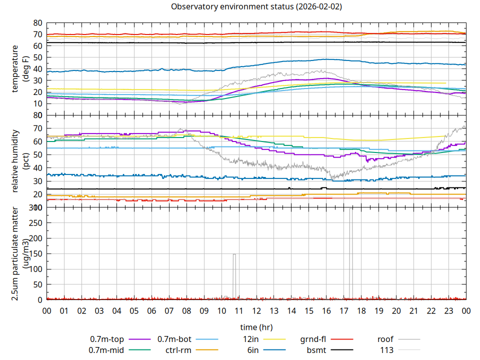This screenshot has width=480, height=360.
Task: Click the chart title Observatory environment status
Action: pos(256,7)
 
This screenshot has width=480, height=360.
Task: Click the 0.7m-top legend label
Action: pos(107,339)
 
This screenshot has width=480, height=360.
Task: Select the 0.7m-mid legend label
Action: pos(106,350)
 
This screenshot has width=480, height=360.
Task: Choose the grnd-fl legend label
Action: pos(313,339)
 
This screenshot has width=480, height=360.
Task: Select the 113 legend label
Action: pos(386,350)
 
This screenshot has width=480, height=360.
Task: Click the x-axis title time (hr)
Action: pos(256,327)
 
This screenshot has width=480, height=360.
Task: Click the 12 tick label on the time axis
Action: pos(256,310)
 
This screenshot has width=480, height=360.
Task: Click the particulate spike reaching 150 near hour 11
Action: pos(234,255)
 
